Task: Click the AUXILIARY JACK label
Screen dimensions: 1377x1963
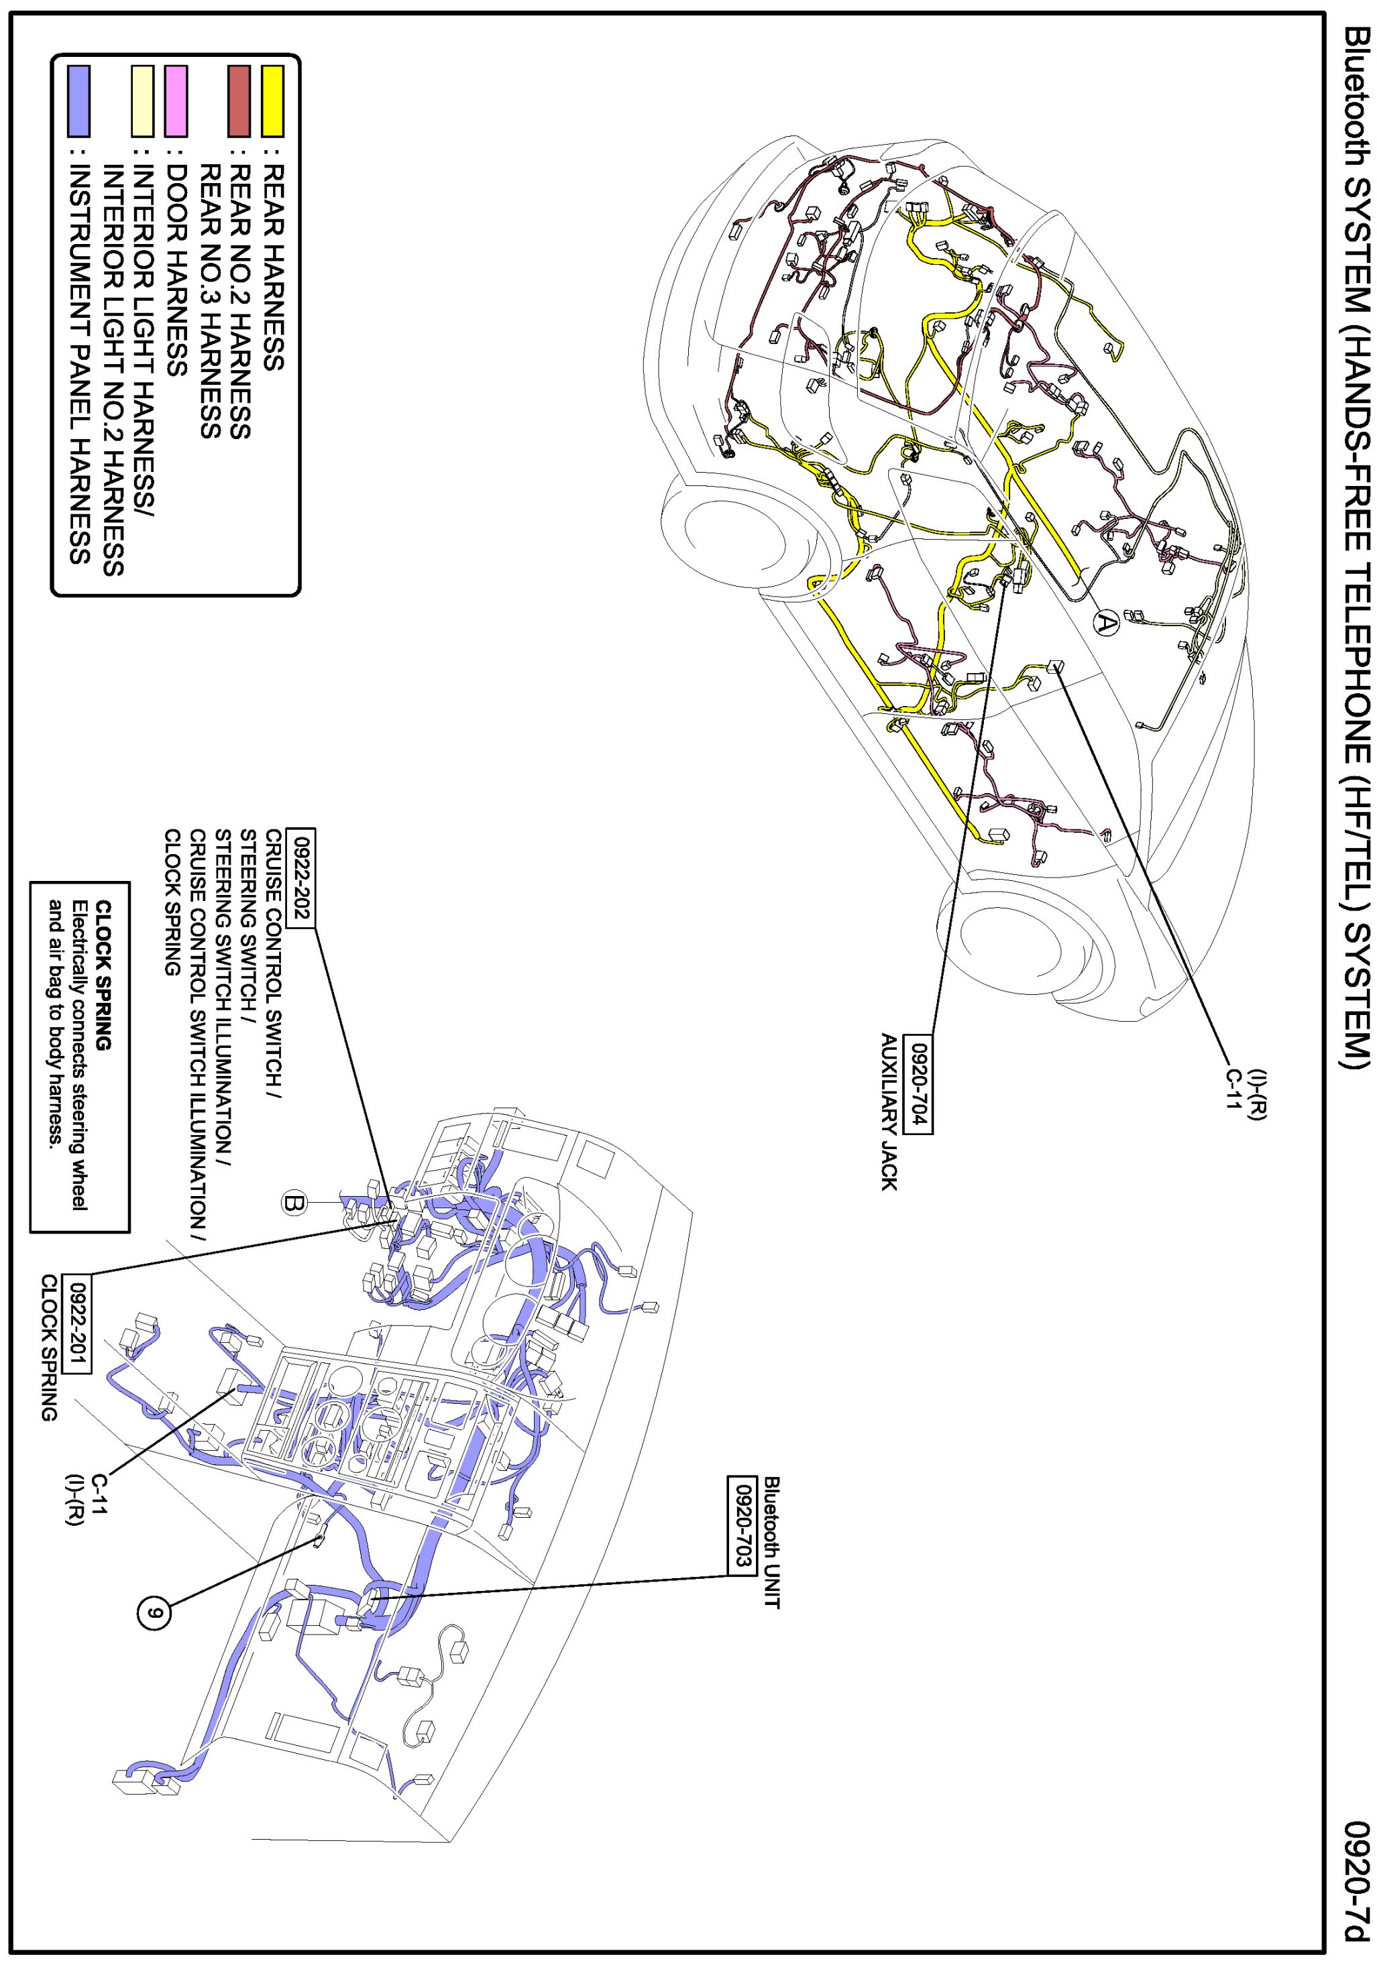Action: [x=889, y=1112]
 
